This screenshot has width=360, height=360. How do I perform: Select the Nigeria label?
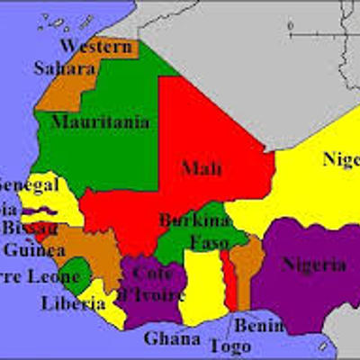click(x=313, y=265)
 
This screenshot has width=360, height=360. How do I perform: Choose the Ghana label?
click(x=172, y=338)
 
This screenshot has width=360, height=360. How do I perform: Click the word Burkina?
click(x=189, y=220)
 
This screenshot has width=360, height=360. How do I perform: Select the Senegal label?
click(x=27, y=184)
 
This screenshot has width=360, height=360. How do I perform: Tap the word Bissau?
click(x=29, y=227)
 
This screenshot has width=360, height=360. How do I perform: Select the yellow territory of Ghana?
click(x=201, y=288)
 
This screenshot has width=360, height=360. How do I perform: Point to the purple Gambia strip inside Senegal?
click(x=41, y=211)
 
